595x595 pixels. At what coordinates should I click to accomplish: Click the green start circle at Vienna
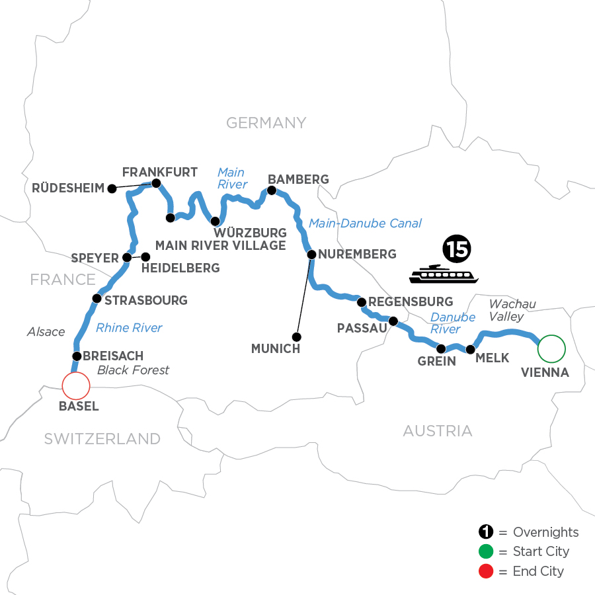[551, 346]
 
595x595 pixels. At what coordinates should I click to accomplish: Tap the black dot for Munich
[296, 337]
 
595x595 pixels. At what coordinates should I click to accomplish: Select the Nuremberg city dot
[311, 254]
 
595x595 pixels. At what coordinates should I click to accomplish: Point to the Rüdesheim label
[68, 188]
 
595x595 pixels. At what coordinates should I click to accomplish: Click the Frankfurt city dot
[157, 183]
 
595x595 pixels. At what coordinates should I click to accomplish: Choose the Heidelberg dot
[146, 257]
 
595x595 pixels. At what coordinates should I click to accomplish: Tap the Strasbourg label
[146, 300]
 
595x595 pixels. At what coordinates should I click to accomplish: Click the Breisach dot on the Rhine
[77, 356]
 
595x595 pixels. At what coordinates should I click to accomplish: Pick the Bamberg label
[297, 179]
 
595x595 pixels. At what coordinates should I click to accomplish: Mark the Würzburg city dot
[214, 221]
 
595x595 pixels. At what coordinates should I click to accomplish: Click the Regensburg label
[411, 302]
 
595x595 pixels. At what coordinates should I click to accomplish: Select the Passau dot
[393, 322]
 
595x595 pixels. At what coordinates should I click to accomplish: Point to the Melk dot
[471, 349]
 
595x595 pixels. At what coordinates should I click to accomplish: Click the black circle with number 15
[453, 250]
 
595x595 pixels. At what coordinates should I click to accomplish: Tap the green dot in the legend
[486, 551]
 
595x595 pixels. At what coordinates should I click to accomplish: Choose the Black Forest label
[133, 370]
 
